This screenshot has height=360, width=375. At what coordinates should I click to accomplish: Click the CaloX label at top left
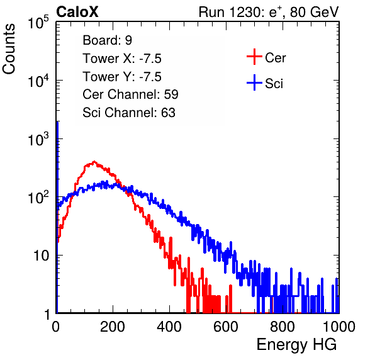coord(77,12)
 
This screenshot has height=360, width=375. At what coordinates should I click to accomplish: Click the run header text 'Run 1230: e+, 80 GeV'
coord(269,12)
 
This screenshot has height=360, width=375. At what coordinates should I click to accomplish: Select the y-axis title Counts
coord(9,49)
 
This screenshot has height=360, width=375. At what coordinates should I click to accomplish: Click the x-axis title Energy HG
coord(296,345)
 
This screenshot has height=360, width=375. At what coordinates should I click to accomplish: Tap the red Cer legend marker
coord(254,57)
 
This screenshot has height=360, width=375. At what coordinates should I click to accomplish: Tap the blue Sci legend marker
coord(254,82)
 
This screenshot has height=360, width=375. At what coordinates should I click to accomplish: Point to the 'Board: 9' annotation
coord(107,40)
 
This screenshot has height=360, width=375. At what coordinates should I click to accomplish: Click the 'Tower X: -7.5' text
coord(122,59)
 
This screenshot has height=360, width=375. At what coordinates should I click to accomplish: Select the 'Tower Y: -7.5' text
coord(122,77)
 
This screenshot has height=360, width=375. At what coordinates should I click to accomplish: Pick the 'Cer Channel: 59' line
coord(130,94)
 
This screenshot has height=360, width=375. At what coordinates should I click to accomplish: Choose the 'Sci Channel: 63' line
coord(129,113)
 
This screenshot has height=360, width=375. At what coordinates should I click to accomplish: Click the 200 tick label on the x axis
coord(113,327)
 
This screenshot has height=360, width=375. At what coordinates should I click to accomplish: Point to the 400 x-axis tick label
coord(169,327)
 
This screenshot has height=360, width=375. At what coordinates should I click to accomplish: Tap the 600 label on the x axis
coord(226,327)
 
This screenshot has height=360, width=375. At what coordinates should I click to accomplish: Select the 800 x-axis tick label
coord(283,327)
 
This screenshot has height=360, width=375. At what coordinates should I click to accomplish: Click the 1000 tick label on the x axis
coord(339,327)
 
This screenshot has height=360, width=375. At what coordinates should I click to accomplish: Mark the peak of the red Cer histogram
coord(94,162)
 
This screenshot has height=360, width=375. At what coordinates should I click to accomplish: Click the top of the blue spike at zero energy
coord(57,122)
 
